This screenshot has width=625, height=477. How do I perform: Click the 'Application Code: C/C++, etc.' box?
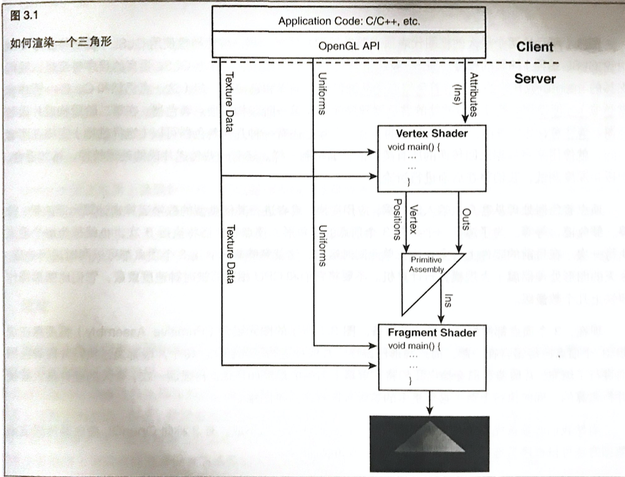(x=349, y=21)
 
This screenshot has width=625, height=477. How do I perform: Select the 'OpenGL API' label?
(x=349, y=46)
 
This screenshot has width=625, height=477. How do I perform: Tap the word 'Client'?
(x=535, y=47)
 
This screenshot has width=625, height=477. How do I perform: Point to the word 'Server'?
(x=535, y=79)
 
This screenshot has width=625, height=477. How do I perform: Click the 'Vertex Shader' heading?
(x=432, y=133)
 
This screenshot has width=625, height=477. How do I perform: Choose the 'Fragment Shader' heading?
(x=432, y=333)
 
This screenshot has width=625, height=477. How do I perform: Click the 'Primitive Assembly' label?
(x=426, y=264)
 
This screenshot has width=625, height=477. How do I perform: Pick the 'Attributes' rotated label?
(x=474, y=95)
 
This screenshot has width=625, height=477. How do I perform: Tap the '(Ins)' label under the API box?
(x=457, y=95)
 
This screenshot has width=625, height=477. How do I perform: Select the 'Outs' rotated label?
(x=466, y=219)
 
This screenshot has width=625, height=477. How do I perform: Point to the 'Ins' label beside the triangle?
(x=448, y=301)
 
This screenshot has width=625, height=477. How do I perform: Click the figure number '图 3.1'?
(x=24, y=15)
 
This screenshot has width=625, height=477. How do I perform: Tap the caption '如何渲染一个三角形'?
(x=61, y=42)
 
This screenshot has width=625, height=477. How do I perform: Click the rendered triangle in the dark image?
(x=430, y=439)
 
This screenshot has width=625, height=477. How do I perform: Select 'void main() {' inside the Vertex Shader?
(x=413, y=147)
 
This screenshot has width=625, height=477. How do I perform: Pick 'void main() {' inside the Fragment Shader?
(x=414, y=346)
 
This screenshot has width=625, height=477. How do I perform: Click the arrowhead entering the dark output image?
(x=430, y=410)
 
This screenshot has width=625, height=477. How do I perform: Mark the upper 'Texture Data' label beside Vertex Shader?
(x=229, y=102)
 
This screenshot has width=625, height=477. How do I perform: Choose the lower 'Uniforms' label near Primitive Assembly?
(x=322, y=245)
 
